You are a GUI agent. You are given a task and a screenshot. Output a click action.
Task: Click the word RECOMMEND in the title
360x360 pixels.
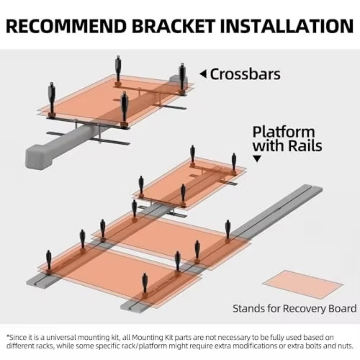click(x=66, y=26)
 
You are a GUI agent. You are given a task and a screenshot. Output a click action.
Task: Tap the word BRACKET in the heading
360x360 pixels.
click(x=173, y=26)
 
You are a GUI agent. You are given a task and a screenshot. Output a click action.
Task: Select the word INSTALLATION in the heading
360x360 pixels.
click(x=287, y=26)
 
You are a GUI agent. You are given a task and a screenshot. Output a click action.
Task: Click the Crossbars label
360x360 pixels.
click(x=245, y=74)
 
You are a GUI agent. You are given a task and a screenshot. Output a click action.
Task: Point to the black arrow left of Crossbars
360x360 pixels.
click(x=203, y=74)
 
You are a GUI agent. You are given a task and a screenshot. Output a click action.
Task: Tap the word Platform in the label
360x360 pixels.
click(x=283, y=132)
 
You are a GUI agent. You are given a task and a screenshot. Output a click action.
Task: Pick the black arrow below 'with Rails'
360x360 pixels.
click(x=257, y=158)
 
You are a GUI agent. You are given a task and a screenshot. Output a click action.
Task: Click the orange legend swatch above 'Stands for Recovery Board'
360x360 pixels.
click(x=302, y=284)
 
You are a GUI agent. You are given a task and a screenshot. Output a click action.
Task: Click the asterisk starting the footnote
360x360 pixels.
click(x=8, y=336)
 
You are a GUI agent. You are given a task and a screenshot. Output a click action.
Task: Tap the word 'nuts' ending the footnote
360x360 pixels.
click(x=346, y=346)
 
